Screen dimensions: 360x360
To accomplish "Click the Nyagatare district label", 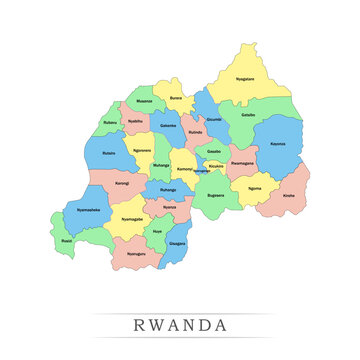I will pos(244,78).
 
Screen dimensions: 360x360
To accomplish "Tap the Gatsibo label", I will pos(248,115).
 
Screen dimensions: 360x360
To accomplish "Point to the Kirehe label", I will pos(289,196).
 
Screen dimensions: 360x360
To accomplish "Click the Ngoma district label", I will pos(254,187).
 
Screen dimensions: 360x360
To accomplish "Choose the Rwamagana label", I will pos(242,161).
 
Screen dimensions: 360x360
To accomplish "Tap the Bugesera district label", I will pos(215,196).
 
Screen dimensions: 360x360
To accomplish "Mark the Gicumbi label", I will pos(213,118).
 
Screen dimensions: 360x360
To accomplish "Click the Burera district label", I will pos(176,98).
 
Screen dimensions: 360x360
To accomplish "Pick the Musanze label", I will pos(144,101).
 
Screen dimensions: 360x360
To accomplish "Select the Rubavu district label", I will pos(109,122).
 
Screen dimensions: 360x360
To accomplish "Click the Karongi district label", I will pos(121,184).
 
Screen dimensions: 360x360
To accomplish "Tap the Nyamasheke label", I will pos(89,210).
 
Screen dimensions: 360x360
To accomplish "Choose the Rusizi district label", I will pos(67,241).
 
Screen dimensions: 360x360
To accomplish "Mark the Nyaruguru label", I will pos(136,254).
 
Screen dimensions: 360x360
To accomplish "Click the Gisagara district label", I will pos(177,243).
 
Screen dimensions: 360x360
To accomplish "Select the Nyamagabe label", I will pos(132,218).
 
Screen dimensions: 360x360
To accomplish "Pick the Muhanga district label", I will pos(161,164).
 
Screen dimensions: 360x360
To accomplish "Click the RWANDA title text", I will pos(180,325).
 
